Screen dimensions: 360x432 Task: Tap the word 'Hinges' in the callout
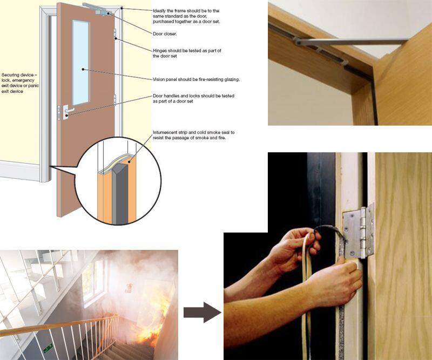tap(161, 50)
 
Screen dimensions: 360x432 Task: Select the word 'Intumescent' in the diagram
tap(167, 132)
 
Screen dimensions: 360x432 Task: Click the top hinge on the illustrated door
tap(115, 35)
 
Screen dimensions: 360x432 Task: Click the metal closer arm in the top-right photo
tap(356, 41)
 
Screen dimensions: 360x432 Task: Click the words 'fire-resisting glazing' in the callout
tap(216, 79)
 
